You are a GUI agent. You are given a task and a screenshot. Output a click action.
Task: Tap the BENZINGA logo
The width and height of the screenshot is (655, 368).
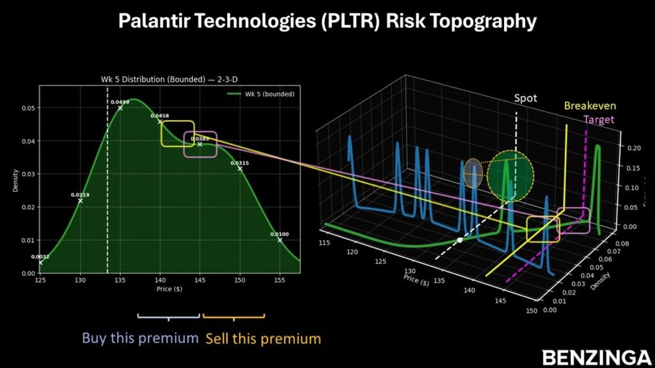[593, 357]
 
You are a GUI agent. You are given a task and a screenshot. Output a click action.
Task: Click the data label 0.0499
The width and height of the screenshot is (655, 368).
[120, 102]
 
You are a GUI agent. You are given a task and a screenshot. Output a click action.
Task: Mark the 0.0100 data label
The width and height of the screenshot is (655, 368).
[280, 234]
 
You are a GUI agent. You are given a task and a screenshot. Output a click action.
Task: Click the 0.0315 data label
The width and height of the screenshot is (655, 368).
[240, 163]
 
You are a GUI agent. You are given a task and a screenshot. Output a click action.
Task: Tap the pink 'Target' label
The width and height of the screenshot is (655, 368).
[599, 119]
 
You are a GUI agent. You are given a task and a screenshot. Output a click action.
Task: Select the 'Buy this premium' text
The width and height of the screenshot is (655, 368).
[139, 337]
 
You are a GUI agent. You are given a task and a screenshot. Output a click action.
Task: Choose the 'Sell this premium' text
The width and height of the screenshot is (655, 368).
[263, 337]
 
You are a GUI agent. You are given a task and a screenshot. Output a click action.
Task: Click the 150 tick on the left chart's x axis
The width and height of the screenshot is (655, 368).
[240, 279]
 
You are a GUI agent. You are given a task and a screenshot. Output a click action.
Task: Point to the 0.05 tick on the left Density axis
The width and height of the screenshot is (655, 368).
[29, 108]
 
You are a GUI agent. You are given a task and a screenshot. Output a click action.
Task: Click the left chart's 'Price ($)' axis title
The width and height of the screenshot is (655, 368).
[169, 289]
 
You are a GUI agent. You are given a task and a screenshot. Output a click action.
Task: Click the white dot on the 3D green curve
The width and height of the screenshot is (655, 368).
[459, 240]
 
